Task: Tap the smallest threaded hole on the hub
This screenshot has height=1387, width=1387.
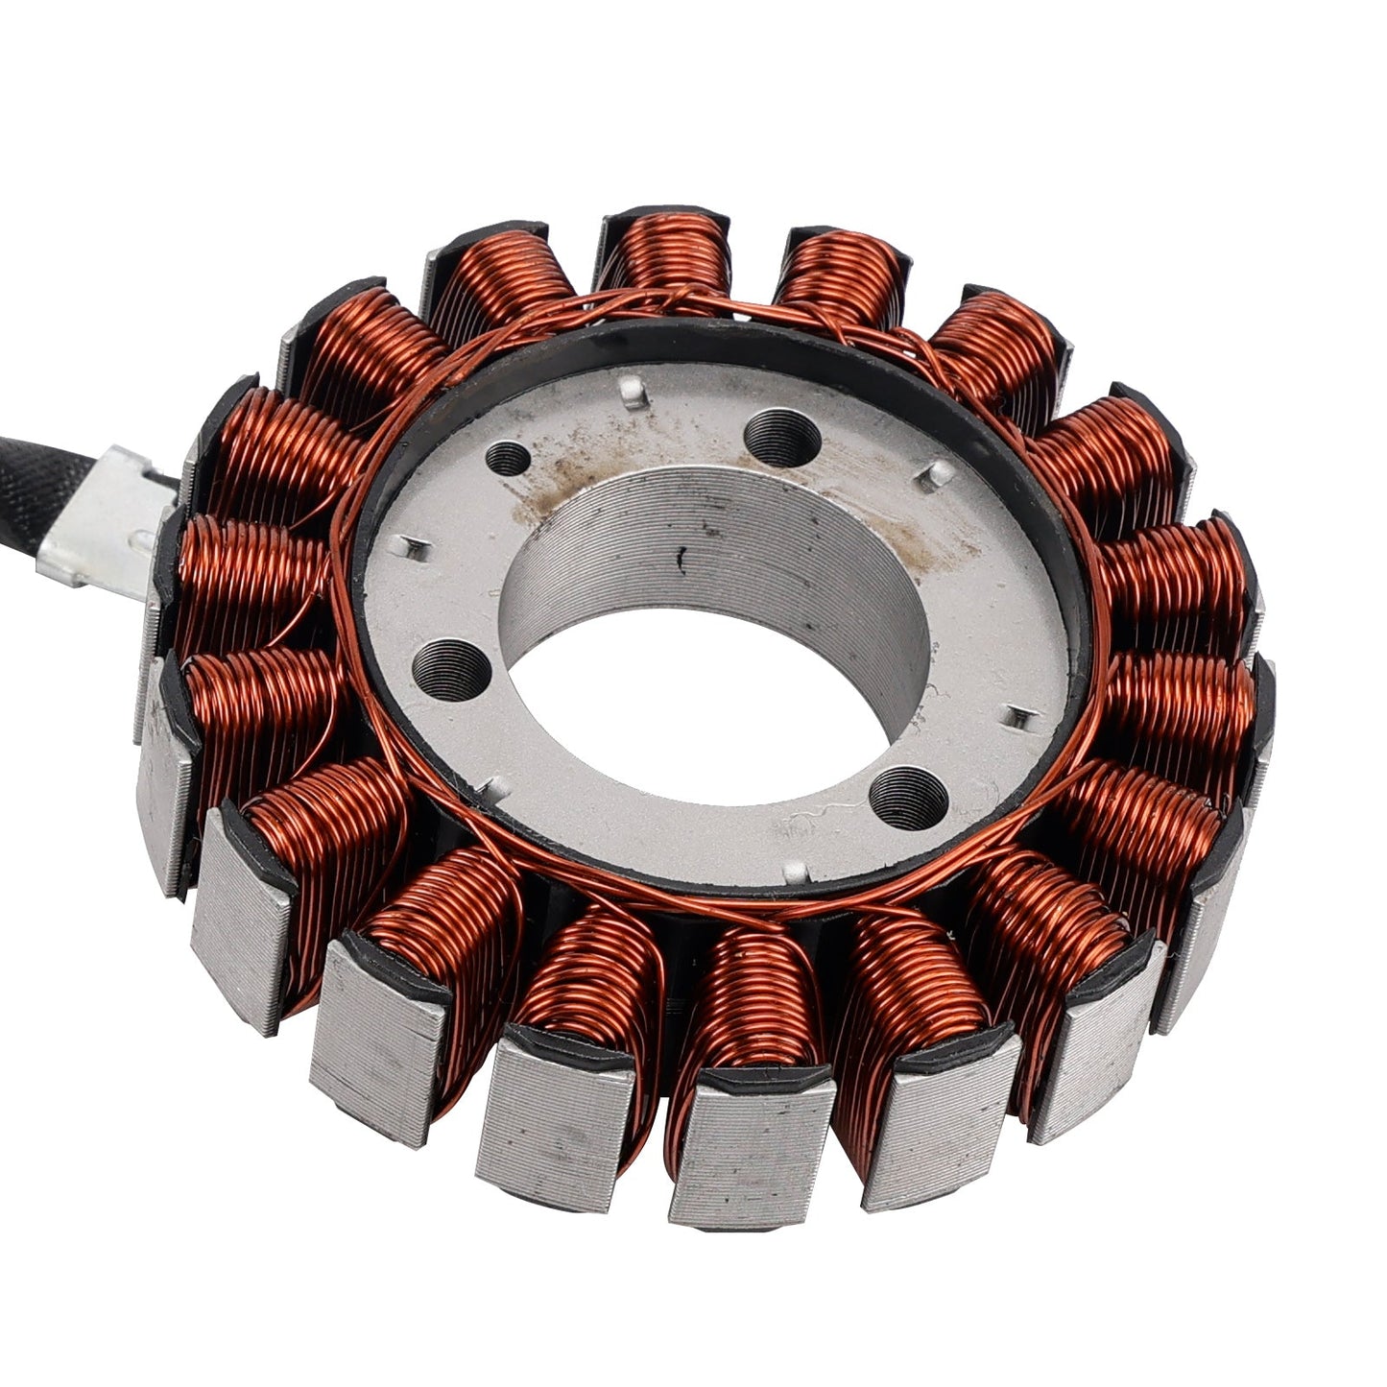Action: (x=508, y=460)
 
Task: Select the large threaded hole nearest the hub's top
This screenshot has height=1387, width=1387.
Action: (x=782, y=438)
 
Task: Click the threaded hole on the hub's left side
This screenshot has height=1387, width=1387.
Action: (x=450, y=668)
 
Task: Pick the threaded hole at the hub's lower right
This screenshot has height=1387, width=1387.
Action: (x=907, y=796)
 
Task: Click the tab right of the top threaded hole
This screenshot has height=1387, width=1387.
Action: (x=937, y=471)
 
